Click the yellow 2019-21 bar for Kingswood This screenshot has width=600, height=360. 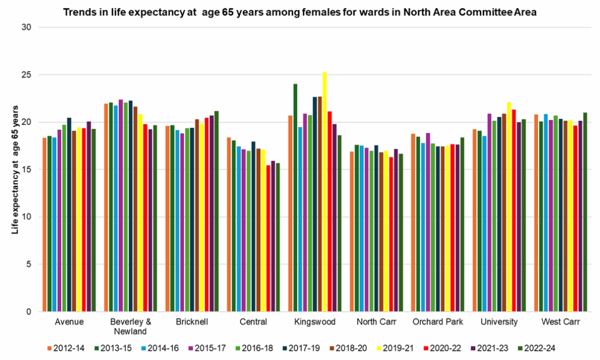coord(325,193)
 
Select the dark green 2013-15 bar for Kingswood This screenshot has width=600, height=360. coord(295,199)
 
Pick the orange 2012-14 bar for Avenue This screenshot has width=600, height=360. coord(44,225)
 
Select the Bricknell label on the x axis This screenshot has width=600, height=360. coord(192,322)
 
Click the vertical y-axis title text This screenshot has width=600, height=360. coord(16,170)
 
